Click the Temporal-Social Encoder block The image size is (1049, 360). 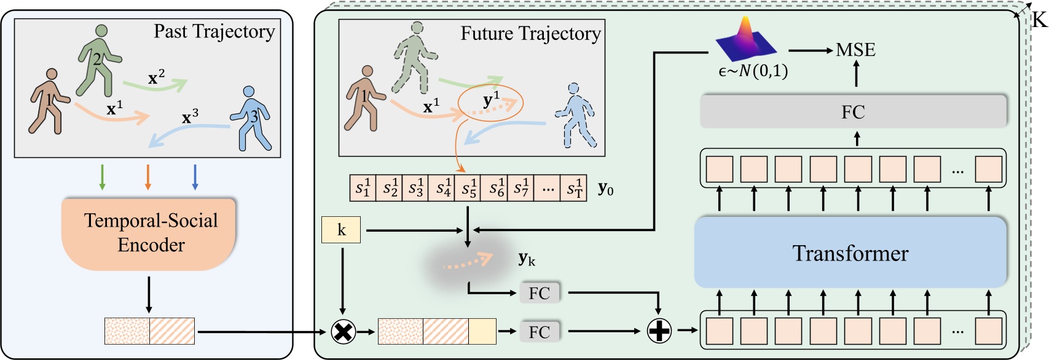pyautogui.click(x=150, y=233)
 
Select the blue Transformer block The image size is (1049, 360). pyautogui.click(x=850, y=252)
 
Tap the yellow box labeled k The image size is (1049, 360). pyautogui.click(x=341, y=230)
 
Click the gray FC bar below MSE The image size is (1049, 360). pyautogui.click(x=853, y=112)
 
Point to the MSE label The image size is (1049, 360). pyautogui.click(x=855, y=50)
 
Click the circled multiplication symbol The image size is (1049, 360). pyautogui.click(x=343, y=332)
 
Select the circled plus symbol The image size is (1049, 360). pyautogui.click(x=659, y=332)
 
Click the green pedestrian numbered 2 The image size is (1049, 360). pyautogui.click(x=98, y=60)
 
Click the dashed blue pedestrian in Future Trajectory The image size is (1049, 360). pyautogui.click(x=575, y=115)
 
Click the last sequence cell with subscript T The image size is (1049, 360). pyautogui.click(x=574, y=188)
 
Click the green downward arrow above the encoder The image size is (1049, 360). pyautogui.click(x=102, y=177)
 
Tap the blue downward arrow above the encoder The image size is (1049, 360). pyautogui.click(x=195, y=177)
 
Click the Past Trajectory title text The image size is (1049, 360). pyautogui.click(x=214, y=31)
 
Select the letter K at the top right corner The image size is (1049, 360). pyautogui.click(x=1039, y=20)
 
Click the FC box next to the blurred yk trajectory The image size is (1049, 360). pyautogui.click(x=540, y=293)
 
